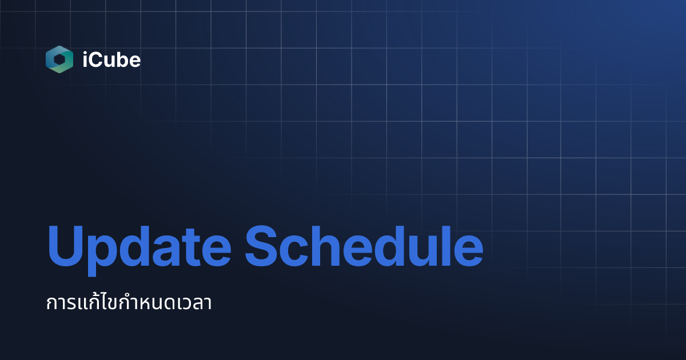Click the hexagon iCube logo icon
pyautogui.click(x=59, y=59)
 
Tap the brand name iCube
pyautogui.click(x=111, y=59)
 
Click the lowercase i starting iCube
pyautogui.click(x=85, y=59)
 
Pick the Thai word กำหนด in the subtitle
pyautogui.click(x=141, y=303)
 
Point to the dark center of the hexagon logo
pyautogui.click(x=59, y=59)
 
